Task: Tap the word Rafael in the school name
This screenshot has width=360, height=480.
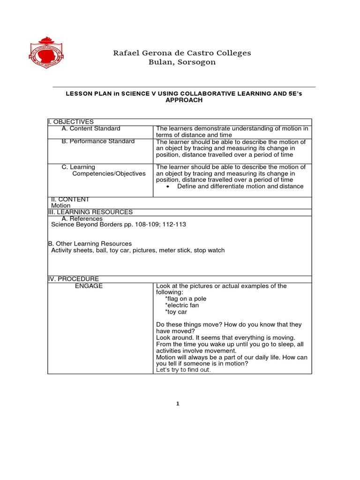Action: (127, 53)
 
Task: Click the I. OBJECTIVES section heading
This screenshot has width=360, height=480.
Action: (71, 122)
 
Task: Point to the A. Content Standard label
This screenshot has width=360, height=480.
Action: (91, 128)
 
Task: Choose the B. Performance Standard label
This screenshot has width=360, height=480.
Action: (98, 141)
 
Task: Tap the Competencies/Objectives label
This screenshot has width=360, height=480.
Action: (109, 173)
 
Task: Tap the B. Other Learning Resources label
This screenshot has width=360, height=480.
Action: (90, 244)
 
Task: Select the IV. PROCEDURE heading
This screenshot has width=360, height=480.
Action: (74, 279)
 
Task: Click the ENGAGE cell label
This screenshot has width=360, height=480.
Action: (89, 286)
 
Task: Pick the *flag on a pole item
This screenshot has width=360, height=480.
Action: (186, 299)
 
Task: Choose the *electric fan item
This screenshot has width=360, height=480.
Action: (182, 305)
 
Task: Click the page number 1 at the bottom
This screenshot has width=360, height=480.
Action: (179, 404)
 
